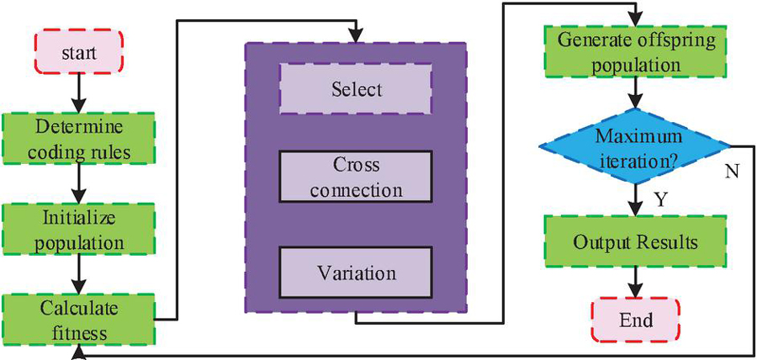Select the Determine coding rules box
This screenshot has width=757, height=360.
pos(79,140)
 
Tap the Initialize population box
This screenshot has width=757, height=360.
pos(79,230)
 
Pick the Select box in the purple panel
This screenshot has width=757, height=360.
pos(357,88)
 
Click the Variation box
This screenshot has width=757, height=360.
pos(357,274)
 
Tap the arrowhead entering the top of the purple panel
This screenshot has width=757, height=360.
pos(357,36)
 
